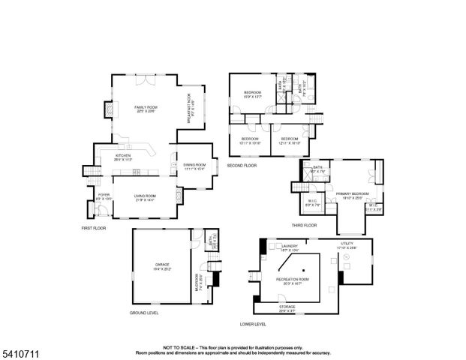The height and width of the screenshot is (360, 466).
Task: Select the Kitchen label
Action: point(122,158)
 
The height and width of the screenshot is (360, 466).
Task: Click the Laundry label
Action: point(290,247)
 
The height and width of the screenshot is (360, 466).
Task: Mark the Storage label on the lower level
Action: point(287,307)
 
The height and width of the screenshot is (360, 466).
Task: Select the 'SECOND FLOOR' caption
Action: point(242,165)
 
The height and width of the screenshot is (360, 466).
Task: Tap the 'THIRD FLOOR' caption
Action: point(304,225)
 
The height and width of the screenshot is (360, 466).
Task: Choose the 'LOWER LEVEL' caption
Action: point(253,324)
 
